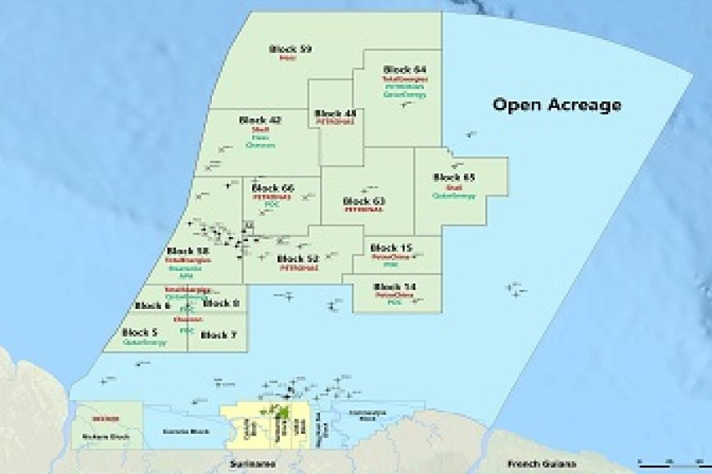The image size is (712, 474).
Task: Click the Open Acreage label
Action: [556, 105]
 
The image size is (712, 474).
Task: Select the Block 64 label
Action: [404, 69]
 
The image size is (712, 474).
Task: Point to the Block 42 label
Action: [260, 120]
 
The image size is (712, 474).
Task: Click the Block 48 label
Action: [336, 113]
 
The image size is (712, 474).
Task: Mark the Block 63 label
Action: [364, 200]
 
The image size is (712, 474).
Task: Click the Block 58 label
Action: [187, 251]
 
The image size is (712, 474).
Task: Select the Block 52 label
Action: [299, 258]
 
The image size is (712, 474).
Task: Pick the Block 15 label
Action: [391, 248]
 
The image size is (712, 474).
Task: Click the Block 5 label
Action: [140, 333]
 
